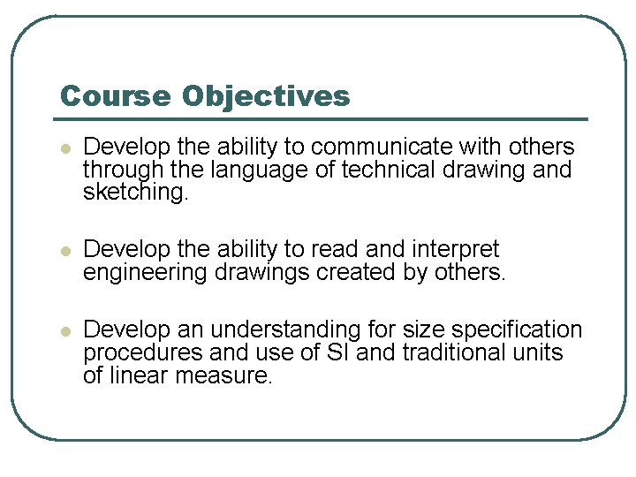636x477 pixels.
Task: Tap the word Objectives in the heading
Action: (x=266, y=96)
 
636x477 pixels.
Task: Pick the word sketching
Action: (x=135, y=193)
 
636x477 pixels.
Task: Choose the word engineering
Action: (x=146, y=273)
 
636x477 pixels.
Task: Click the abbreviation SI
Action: (x=317, y=353)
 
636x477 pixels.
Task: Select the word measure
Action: (x=227, y=376)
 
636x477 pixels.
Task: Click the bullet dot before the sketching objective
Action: (x=64, y=148)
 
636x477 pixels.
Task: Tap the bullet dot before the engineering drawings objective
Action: (x=64, y=251)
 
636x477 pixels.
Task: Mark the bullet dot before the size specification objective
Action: (x=64, y=331)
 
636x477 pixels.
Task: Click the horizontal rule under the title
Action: (x=323, y=119)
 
